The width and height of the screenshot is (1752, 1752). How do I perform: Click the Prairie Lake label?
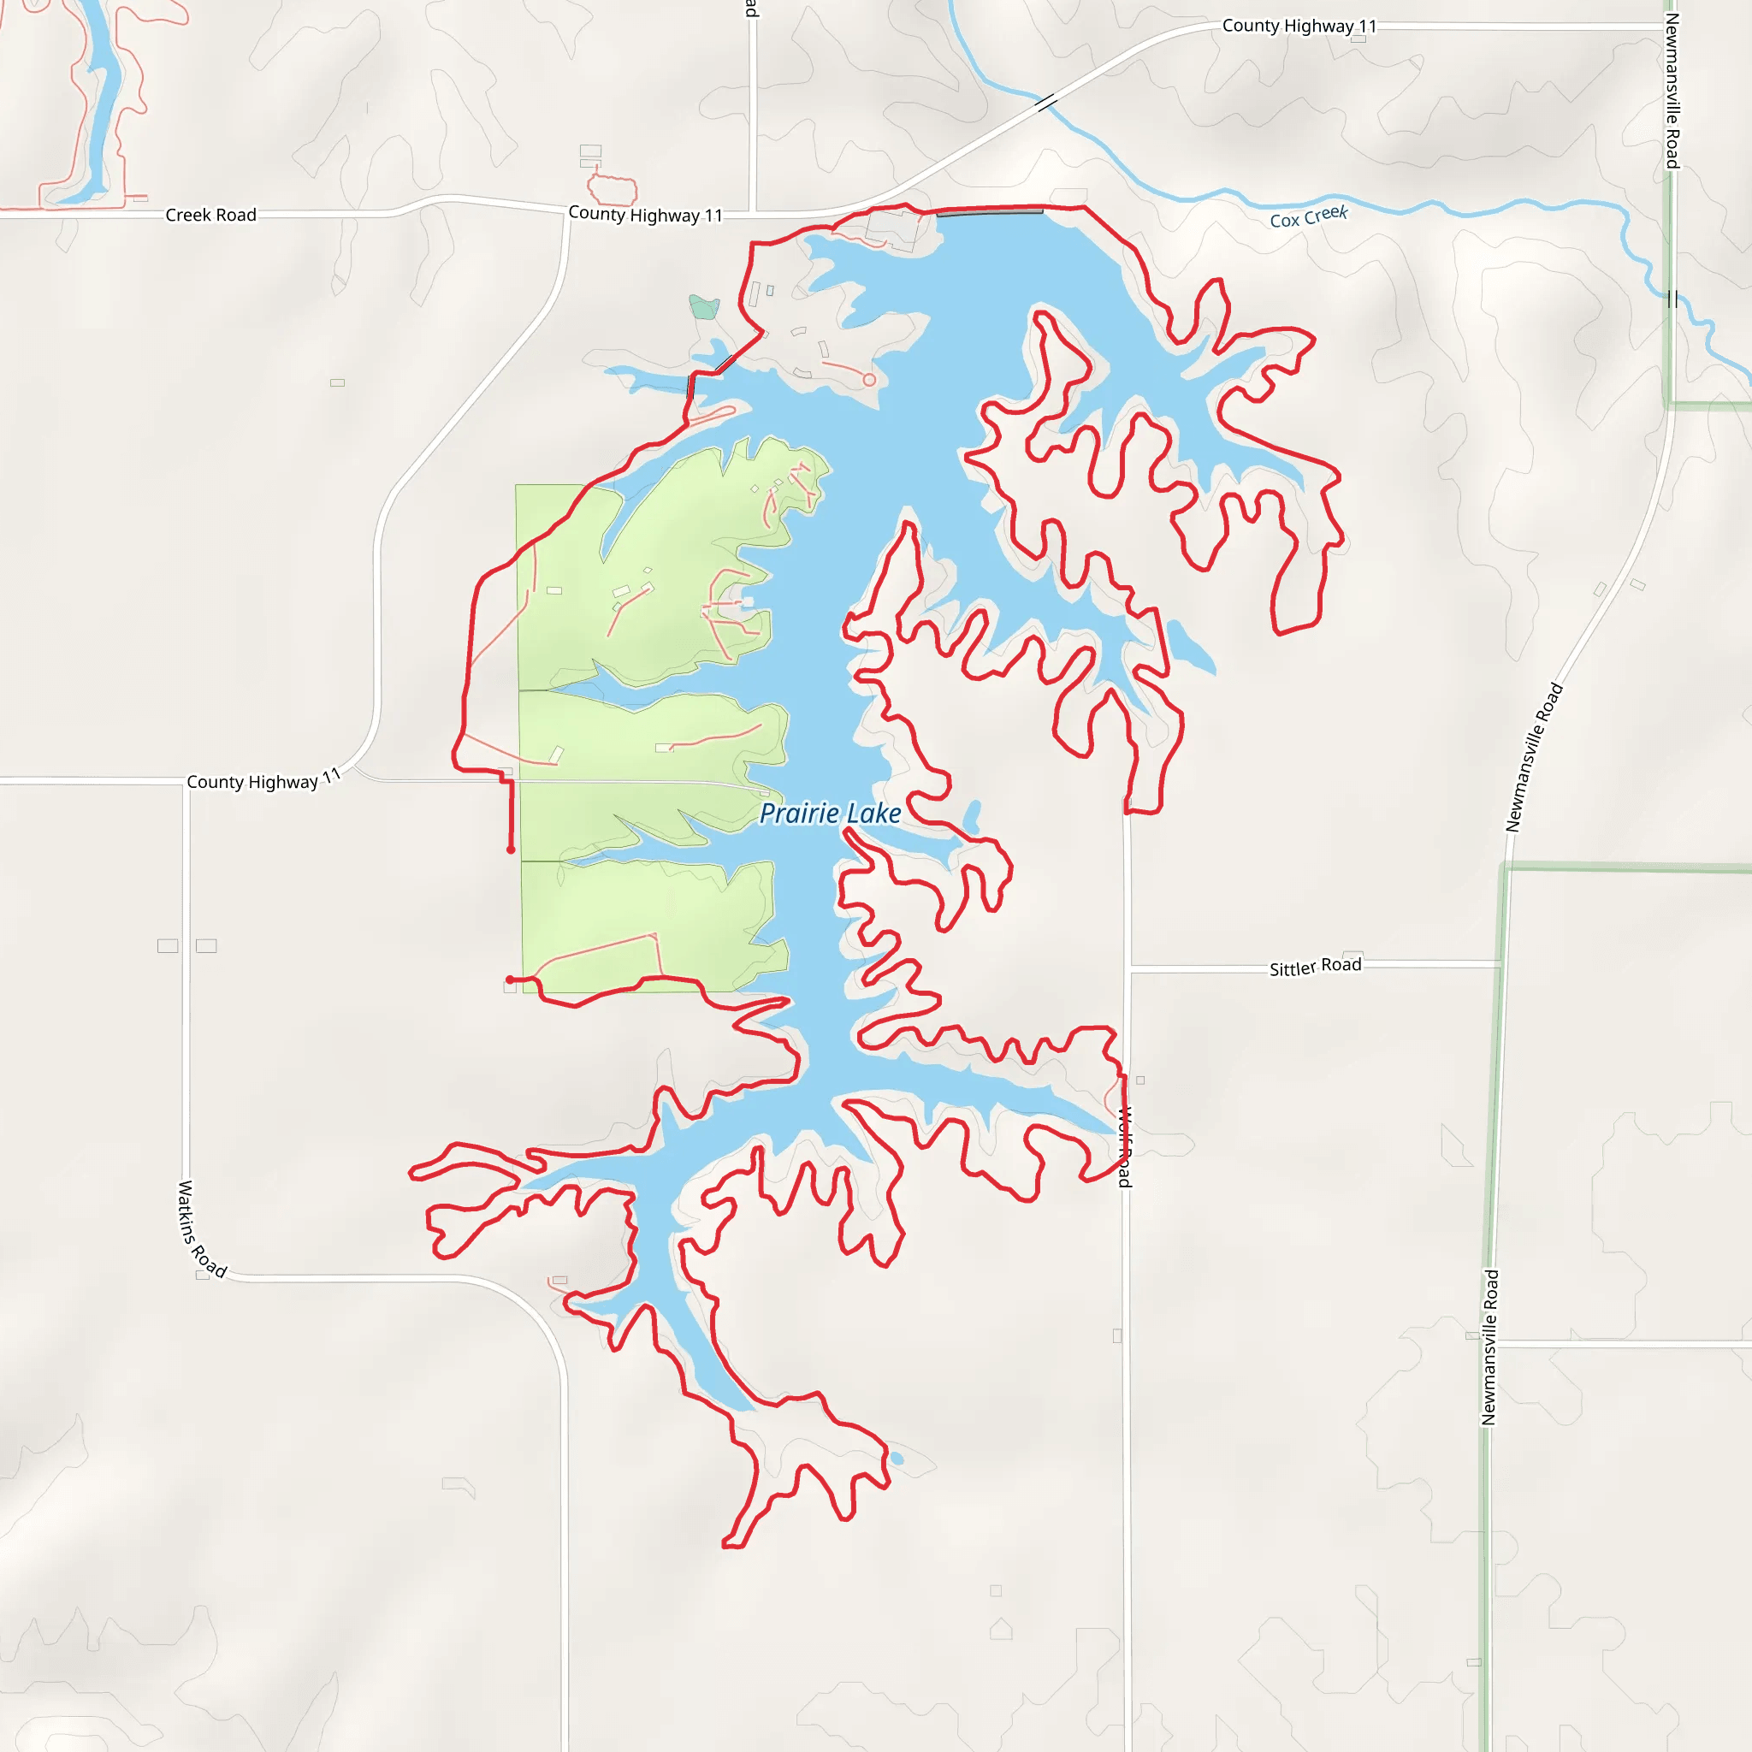pyautogui.click(x=830, y=814)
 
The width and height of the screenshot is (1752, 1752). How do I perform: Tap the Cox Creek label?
pyautogui.click(x=1309, y=216)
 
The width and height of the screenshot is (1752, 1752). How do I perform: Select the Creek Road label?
pyautogui.click(x=210, y=215)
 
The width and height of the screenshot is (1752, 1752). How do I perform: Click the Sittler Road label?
pyautogui.click(x=1315, y=967)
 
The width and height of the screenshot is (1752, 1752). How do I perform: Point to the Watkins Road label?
pyautogui.click(x=201, y=1228)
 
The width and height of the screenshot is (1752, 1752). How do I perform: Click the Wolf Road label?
pyautogui.click(x=1124, y=1147)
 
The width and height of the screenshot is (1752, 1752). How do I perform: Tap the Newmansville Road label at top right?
pyautogui.click(x=1672, y=91)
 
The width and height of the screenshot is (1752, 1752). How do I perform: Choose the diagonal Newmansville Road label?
pyautogui.click(x=1535, y=758)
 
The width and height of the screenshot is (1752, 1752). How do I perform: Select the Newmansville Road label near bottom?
pyautogui.click(x=1489, y=1347)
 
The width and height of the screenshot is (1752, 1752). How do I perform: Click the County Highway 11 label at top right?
pyautogui.click(x=1299, y=27)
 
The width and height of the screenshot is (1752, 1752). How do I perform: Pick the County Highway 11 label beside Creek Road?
pyautogui.click(x=645, y=215)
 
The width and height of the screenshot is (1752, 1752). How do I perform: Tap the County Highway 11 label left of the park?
pyautogui.click(x=263, y=780)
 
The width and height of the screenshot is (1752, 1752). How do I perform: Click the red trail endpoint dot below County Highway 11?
pyautogui.click(x=511, y=849)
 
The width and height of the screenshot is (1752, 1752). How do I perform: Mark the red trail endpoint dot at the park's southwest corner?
pyautogui.click(x=510, y=980)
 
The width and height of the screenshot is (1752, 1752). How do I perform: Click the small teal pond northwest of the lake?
pyautogui.click(x=704, y=307)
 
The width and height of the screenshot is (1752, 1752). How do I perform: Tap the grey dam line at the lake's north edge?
pyautogui.click(x=990, y=212)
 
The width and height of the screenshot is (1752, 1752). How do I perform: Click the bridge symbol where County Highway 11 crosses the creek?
pyautogui.click(x=1045, y=103)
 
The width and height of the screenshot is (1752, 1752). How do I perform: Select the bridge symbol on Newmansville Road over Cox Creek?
pyautogui.click(x=1672, y=299)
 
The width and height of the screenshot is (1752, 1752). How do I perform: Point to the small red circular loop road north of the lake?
pyautogui.click(x=869, y=380)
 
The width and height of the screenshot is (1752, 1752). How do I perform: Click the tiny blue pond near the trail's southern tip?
pyautogui.click(x=897, y=1459)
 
